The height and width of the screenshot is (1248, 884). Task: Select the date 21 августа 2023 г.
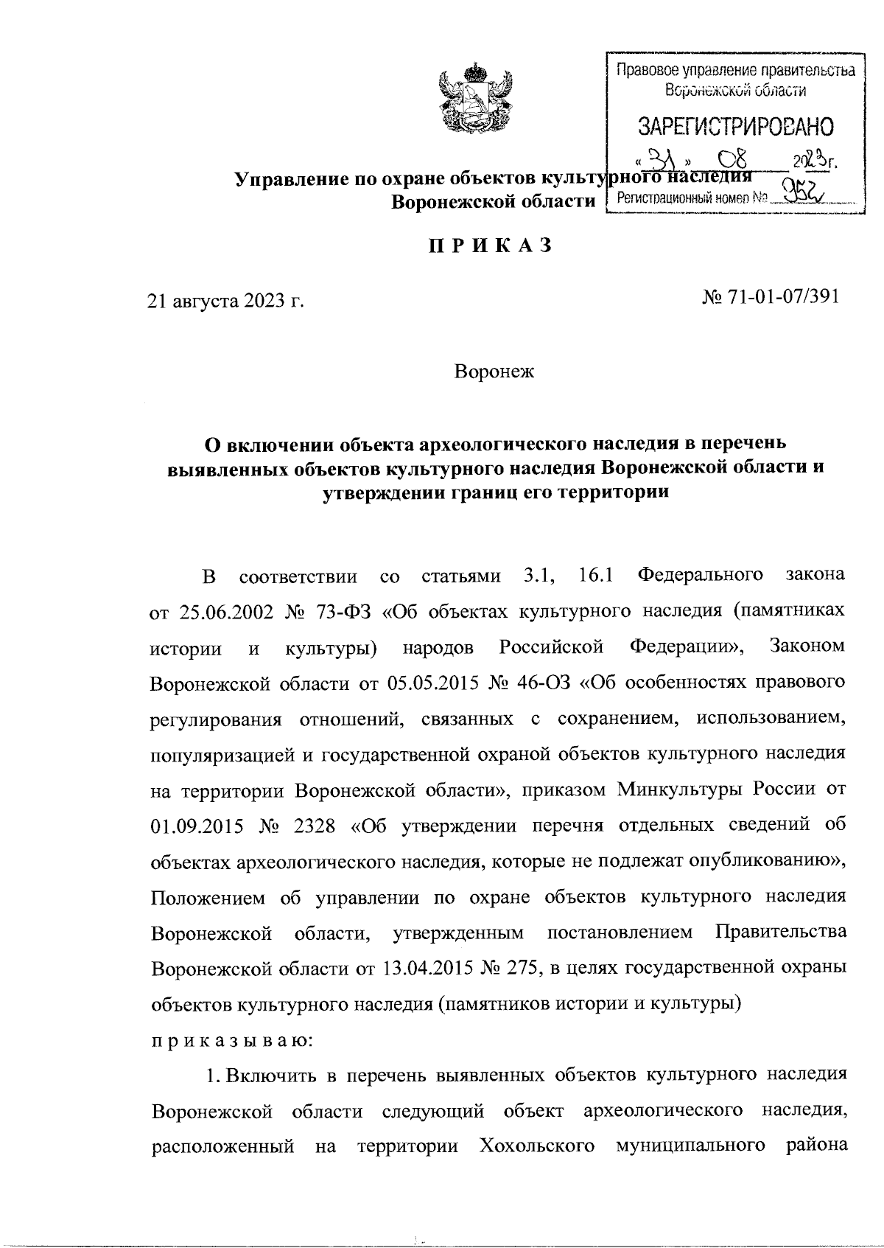point(226,301)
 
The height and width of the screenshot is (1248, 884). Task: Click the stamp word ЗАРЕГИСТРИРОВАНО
point(735,127)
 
